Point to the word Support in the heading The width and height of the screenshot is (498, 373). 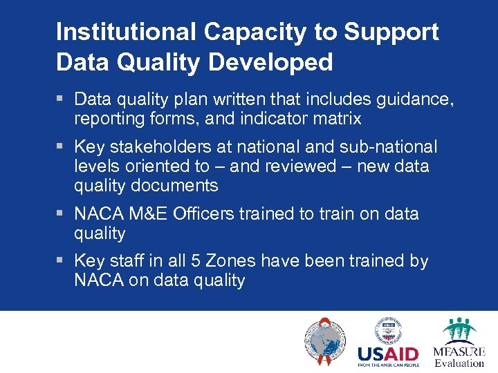point(391,32)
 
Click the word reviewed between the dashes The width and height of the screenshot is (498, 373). point(303,166)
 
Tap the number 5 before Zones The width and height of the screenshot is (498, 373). point(208,262)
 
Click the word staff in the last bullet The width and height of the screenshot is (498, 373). point(124,262)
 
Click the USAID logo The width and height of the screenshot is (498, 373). point(388,343)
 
